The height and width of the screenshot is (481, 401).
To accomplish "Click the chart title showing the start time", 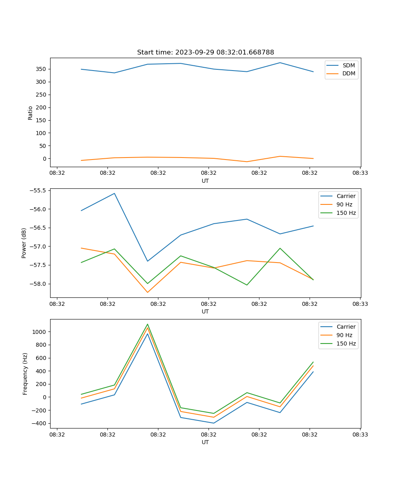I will tap(205, 53).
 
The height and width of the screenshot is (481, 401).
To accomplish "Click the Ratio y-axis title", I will tap(30, 113).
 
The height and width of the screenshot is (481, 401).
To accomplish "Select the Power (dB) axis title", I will tap(24, 243).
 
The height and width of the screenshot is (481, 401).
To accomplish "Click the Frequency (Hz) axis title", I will tap(25, 374).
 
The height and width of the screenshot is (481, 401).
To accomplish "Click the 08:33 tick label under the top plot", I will tap(360, 173).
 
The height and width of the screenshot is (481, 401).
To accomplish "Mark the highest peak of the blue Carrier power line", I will tap(114, 193).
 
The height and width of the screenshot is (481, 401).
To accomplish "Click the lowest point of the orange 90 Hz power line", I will tap(148, 292).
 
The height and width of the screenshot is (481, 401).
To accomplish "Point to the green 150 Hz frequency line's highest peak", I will tap(148, 324).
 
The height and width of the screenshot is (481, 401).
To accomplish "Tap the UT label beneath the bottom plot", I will tap(205, 442).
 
